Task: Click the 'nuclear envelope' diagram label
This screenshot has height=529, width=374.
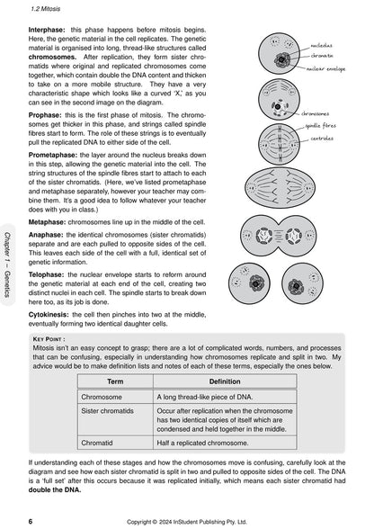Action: point(326,67)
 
